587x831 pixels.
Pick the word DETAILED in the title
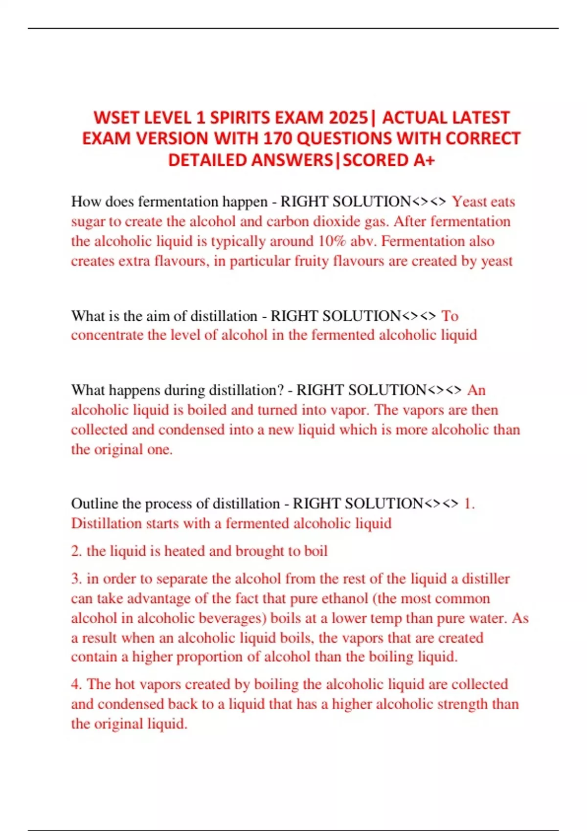[208, 160]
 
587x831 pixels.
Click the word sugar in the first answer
[88, 221]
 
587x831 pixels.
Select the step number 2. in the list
[76, 551]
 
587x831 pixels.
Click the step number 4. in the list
[76, 684]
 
